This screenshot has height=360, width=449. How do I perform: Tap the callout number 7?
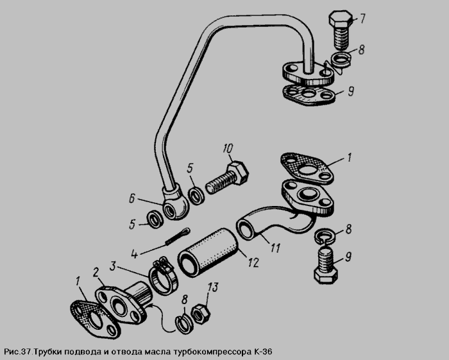[x=362, y=19]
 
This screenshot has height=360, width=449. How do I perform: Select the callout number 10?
[x=228, y=149]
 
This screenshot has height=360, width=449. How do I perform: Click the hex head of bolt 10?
[x=238, y=173]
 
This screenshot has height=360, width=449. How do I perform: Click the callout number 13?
[x=213, y=287]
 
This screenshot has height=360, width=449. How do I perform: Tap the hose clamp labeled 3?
[x=164, y=277]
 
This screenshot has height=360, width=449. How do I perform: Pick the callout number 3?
[x=113, y=266]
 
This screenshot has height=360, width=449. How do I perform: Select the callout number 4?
[x=134, y=253]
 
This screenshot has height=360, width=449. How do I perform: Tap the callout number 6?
[x=131, y=198]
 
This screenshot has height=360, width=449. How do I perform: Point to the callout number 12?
[x=253, y=262]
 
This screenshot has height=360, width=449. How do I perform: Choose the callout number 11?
[x=275, y=248]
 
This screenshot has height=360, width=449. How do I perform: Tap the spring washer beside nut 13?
[x=182, y=324]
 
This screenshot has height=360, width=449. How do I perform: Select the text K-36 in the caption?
[x=263, y=351]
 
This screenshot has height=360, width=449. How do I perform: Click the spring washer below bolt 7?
[x=341, y=60]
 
